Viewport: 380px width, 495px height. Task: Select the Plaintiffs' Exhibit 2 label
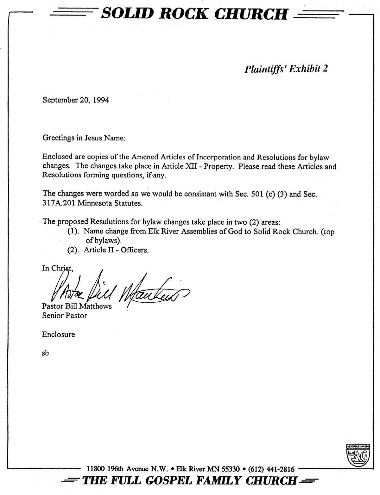tap(286, 69)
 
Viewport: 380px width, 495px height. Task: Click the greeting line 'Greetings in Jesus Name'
tap(84, 138)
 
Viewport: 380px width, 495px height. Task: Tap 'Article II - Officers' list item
tap(116, 250)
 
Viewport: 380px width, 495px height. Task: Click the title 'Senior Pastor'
tap(64, 315)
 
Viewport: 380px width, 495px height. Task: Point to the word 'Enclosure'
tap(58, 334)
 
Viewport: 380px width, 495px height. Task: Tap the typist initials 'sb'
tap(45, 353)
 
